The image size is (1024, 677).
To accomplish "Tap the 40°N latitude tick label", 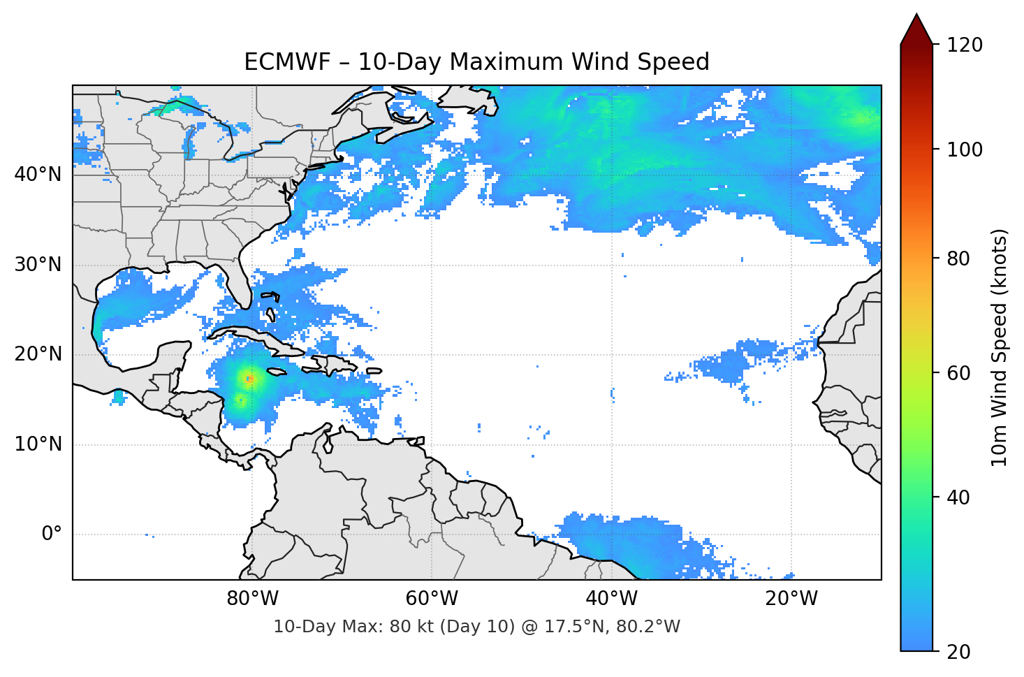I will tap(38, 175).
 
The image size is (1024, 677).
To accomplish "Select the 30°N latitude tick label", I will tap(38, 265).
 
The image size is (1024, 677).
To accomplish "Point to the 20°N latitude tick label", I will tap(38, 354).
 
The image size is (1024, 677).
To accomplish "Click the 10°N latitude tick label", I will tap(38, 444).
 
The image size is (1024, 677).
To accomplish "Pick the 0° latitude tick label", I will tap(52, 534).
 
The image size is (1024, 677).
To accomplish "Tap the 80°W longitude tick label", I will tap(252, 599).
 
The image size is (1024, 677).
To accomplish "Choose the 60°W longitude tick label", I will tap(432, 599).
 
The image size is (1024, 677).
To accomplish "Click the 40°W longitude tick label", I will tap(611, 599).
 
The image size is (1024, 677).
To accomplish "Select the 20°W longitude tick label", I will tap(791, 599).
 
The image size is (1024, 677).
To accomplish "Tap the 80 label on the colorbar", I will tap(958, 259).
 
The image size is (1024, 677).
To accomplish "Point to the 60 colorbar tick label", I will tap(958, 373).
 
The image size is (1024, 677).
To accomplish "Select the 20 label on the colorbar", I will tap(958, 652).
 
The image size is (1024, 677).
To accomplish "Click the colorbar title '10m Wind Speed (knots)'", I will tap(1000, 347).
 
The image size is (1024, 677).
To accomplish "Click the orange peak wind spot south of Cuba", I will tap(249, 379).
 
